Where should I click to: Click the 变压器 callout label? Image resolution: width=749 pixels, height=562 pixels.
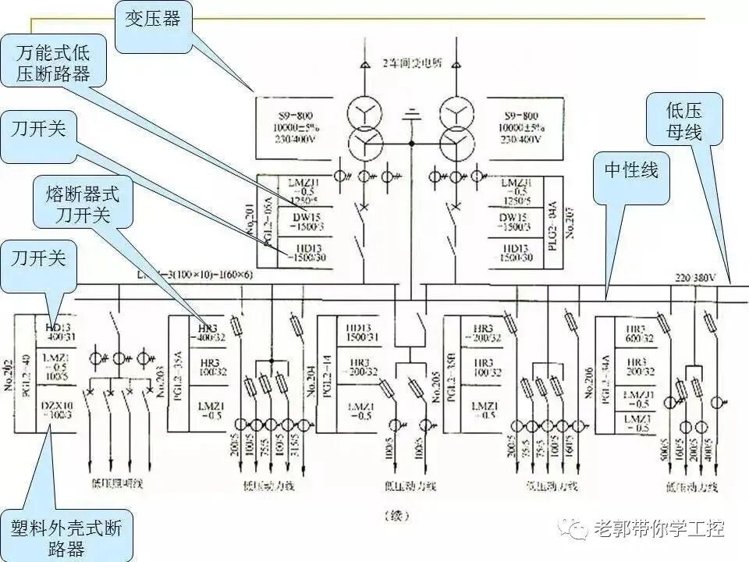pyautogui.click(x=152, y=19)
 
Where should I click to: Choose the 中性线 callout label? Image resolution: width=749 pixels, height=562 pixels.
pyautogui.click(x=630, y=169)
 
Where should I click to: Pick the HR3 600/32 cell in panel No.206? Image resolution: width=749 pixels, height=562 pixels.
pyautogui.click(x=634, y=334)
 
